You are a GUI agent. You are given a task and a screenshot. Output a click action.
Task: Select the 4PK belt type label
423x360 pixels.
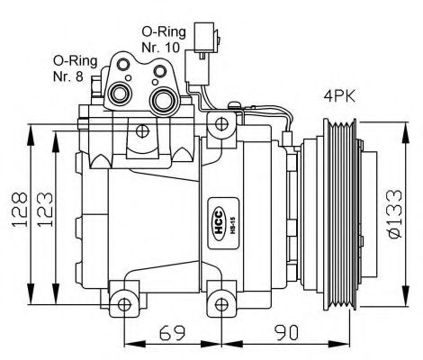click(x=338, y=94)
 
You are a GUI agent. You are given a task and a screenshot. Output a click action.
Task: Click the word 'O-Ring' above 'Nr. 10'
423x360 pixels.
click(x=163, y=29)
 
